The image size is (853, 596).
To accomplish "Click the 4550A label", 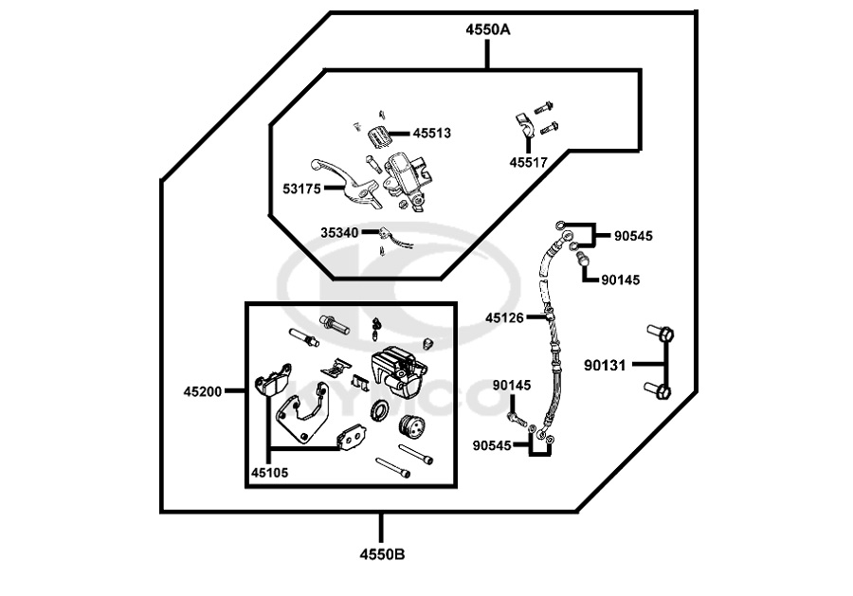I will point(487,30).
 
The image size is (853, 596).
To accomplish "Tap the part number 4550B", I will point(382,553).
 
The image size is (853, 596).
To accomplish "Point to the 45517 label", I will point(528,163).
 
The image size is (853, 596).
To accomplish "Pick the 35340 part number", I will point(340,232).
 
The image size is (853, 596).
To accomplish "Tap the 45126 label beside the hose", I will point(504,318).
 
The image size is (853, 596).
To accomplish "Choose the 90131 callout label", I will point(604,364).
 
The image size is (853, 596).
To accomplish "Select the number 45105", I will point(269,471).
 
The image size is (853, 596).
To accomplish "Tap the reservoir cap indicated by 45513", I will point(377,135).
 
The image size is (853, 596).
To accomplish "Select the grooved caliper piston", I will point(411,428).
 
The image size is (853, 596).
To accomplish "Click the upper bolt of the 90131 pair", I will point(662,334).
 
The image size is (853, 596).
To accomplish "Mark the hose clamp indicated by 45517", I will point(523,123).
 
